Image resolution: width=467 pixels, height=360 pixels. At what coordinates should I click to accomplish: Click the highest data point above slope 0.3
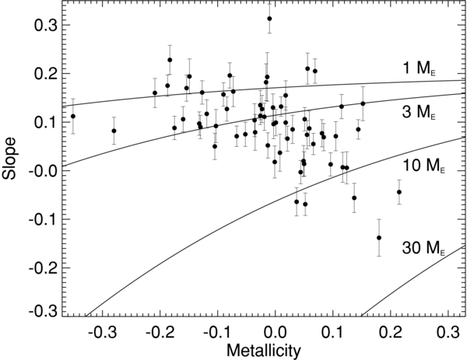(x=269, y=19)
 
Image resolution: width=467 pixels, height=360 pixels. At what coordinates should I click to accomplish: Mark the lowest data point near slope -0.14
(x=379, y=238)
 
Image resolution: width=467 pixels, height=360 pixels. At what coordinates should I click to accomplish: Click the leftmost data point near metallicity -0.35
(x=73, y=117)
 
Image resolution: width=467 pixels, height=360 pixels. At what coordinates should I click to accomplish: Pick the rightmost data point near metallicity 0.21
(x=399, y=192)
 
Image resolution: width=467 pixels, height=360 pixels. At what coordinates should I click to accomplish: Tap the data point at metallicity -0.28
(x=114, y=131)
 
